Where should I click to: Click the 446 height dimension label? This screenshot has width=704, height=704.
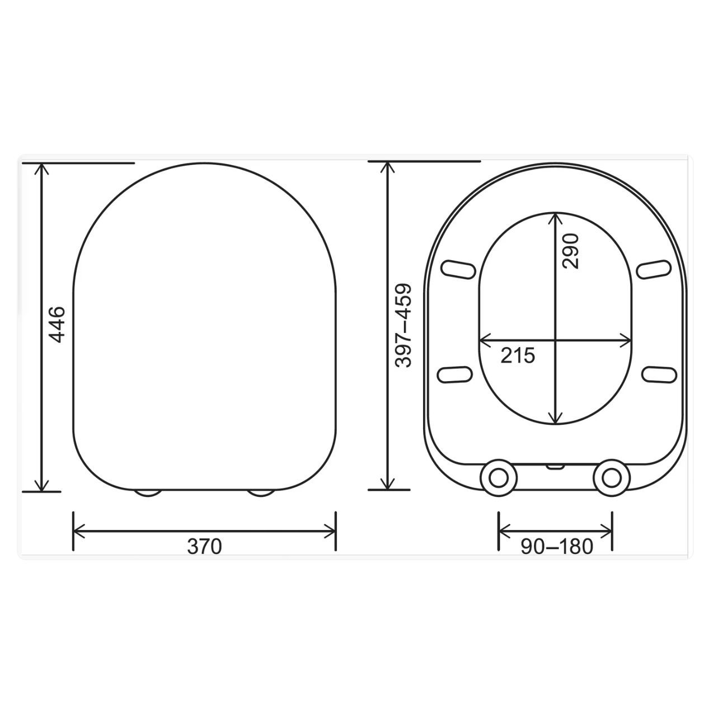57,325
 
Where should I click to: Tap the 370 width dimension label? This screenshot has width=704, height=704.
204,547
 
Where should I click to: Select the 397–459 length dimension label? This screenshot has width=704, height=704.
403,325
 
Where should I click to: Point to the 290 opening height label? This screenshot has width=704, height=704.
570,252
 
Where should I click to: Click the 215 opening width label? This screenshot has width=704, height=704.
518,355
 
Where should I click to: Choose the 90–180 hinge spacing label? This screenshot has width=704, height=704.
557,547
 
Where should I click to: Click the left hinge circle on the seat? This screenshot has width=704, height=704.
499,477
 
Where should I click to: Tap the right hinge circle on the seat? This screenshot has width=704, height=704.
612,477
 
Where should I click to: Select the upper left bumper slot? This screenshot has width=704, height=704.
458,270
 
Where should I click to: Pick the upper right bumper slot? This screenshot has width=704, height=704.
654,270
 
